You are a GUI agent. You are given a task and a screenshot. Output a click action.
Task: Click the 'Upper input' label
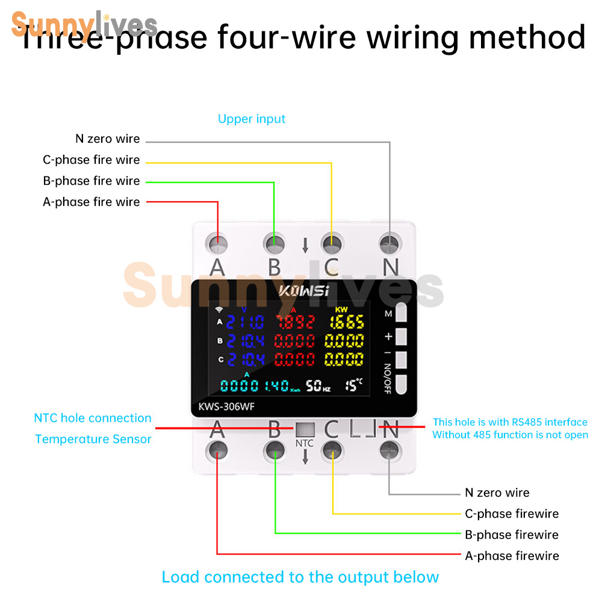click(x=252, y=119)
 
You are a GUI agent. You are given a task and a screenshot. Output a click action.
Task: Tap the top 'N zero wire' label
click(x=108, y=139)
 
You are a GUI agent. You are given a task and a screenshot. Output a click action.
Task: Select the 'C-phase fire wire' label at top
click(x=92, y=160)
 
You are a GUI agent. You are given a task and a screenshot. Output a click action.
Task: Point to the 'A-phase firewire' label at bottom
click(x=512, y=556)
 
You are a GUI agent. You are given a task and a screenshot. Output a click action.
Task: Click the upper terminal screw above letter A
click(x=217, y=244)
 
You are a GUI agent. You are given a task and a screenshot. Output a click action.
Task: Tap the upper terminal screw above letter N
click(x=390, y=244)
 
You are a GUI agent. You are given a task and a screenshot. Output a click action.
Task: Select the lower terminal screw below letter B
click(x=275, y=448)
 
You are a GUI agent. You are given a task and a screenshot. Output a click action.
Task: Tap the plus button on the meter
click(x=402, y=336)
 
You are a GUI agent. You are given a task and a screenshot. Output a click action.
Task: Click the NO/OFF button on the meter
click(x=402, y=382)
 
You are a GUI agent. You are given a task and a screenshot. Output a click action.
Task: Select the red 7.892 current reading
click(x=294, y=323)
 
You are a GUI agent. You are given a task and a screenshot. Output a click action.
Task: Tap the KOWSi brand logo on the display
click(x=303, y=291)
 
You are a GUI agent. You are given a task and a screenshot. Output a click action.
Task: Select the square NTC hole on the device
click(x=304, y=429)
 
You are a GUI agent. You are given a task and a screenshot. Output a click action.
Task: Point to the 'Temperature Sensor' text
click(x=93, y=439)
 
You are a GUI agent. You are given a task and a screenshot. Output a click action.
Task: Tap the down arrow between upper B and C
click(x=305, y=244)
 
